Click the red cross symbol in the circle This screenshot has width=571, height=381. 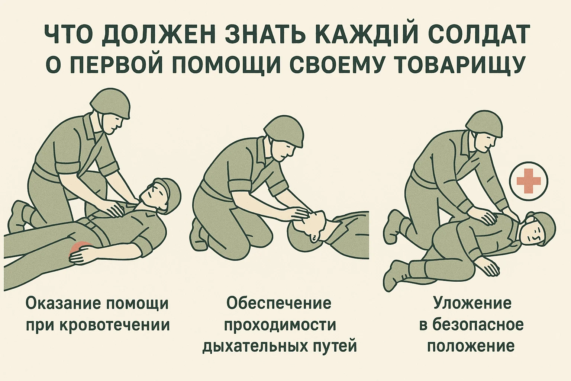pyautogui.click(x=529, y=181)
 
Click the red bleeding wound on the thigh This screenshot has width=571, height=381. pyautogui.click(x=81, y=248)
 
